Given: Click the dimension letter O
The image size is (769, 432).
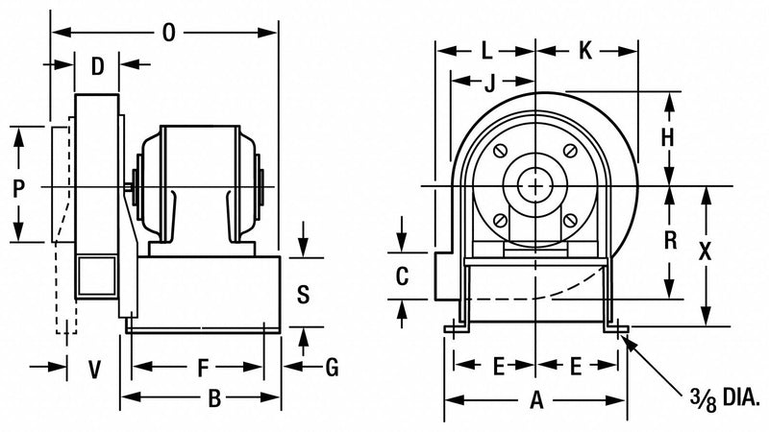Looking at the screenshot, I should (169, 34).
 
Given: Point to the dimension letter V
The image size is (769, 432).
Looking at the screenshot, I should (94, 368).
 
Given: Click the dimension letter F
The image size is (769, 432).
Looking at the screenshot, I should (201, 367).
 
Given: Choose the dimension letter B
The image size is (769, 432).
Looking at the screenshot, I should (215, 396).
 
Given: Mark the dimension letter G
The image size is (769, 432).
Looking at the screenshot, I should (333, 367).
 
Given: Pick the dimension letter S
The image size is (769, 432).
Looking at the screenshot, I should (303, 294).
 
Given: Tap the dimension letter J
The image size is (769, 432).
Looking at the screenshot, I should (490, 83).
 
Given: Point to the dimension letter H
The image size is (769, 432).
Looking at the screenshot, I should (667, 138).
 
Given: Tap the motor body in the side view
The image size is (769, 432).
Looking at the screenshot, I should (200, 182).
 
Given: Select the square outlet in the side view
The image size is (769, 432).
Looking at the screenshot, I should (95, 276).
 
